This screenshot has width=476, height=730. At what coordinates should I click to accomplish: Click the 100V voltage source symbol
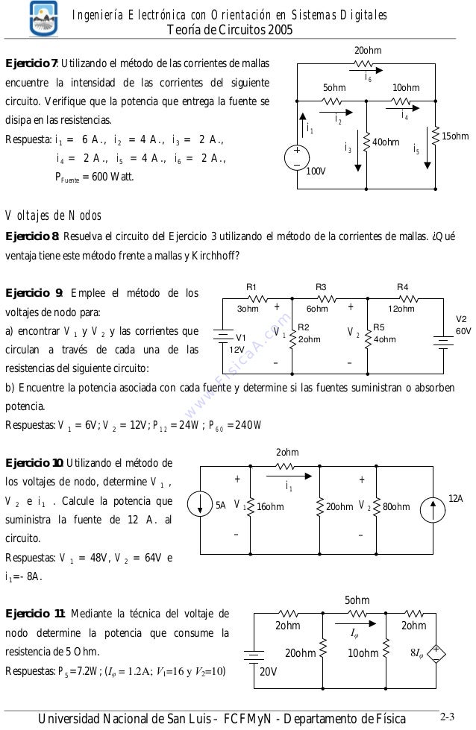(296, 154)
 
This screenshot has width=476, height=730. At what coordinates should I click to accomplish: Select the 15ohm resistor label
(455, 136)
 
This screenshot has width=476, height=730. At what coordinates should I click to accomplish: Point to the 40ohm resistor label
(386, 142)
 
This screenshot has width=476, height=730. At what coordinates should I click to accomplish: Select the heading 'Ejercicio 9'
(32, 293)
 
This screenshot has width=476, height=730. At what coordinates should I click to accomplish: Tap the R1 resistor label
(251, 286)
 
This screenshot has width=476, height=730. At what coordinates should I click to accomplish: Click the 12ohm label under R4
(401, 309)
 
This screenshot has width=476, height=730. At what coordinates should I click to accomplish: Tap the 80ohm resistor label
(395, 507)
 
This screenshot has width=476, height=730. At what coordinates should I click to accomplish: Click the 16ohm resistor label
(269, 507)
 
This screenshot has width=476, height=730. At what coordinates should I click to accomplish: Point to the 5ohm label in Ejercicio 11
(357, 600)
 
